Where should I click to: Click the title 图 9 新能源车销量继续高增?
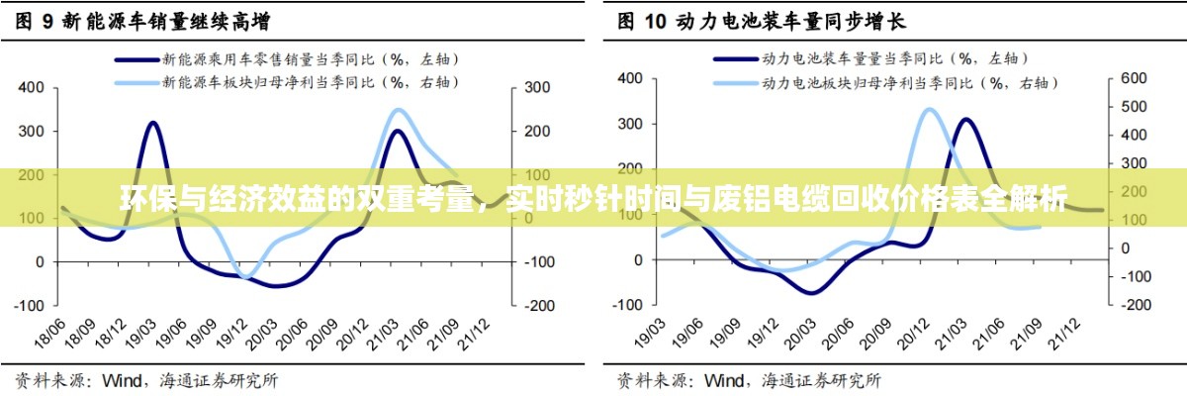tap(142, 20)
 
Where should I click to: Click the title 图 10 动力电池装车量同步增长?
tap(762, 20)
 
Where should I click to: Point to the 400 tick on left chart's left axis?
tap(31, 88)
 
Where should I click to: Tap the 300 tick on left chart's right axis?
tap(536, 88)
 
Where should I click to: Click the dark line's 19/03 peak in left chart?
tap(153, 122)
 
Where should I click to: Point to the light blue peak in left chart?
tap(398, 110)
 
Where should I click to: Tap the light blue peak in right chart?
tap(930, 109)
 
